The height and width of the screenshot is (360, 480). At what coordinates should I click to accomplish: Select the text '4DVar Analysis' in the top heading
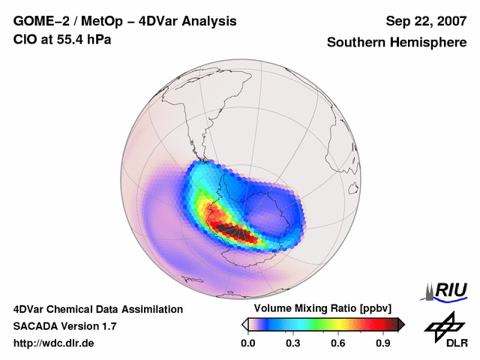[191, 21]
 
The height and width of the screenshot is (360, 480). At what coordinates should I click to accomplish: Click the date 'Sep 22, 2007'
[425, 21]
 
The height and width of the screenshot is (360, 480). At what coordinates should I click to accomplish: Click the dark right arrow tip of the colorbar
[401, 324]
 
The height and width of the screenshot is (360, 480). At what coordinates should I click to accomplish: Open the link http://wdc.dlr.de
[54, 343]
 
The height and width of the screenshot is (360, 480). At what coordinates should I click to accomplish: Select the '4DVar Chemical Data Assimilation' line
[97, 309]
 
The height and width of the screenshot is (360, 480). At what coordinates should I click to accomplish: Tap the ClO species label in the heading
[25, 39]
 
